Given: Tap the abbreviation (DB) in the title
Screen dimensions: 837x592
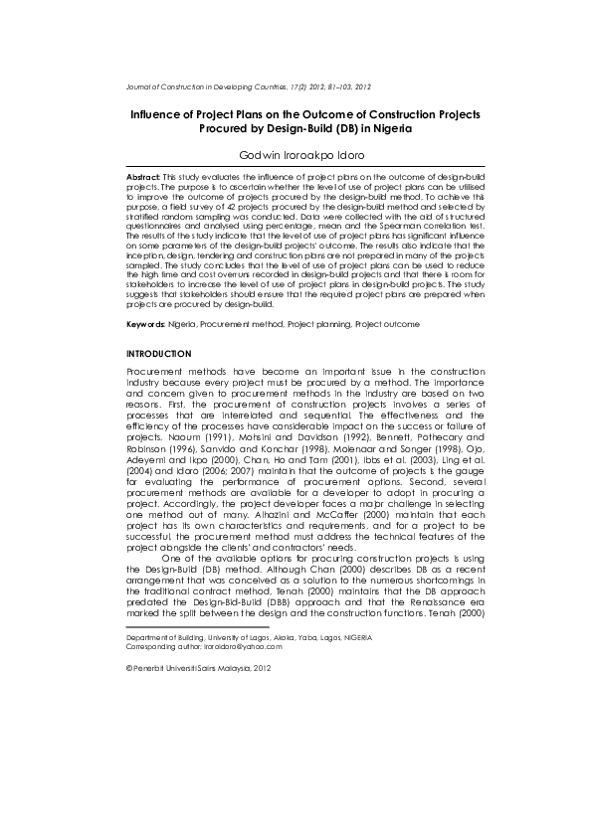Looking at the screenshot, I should (338, 129).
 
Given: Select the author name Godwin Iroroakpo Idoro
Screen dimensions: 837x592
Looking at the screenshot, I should (295, 156).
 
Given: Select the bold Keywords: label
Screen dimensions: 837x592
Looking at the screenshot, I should (145, 324).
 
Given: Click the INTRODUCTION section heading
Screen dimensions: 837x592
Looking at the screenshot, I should (158, 354).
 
